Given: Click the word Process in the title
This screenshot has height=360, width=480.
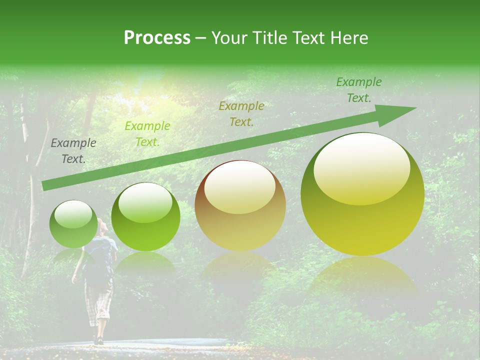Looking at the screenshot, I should tap(157, 38).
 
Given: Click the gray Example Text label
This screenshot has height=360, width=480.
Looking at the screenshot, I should tap(73, 150).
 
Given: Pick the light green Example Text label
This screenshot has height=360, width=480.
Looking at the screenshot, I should tap(147, 134).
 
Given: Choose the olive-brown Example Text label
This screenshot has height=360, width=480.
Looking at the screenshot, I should tap(241, 113).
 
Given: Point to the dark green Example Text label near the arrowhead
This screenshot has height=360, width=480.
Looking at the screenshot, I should tap(358, 90).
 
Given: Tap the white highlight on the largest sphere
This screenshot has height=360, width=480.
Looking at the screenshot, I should tap(361, 167).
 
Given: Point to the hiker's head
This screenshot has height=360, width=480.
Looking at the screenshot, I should tap(102, 227).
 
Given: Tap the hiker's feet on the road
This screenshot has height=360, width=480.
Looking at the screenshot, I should tap(98, 340).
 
